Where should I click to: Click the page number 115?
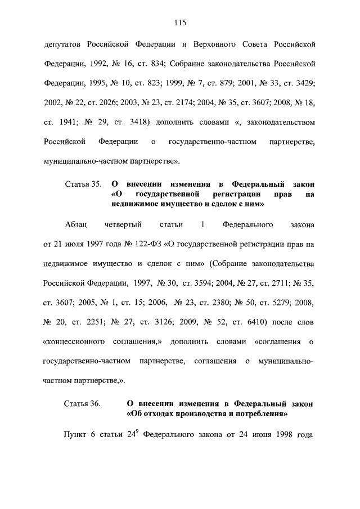pyautogui.click(x=180, y=23)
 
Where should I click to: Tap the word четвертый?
pyautogui.click(x=123, y=225)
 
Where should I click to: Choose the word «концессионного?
pyautogui.click(x=75, y=341)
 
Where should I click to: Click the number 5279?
pyautogui.click(x=281, y=303)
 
